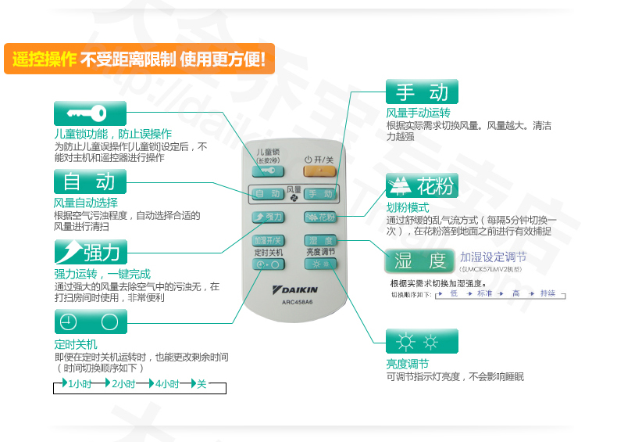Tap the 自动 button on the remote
268,193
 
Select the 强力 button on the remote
268,217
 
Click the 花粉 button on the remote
320,217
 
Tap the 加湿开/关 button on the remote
268,239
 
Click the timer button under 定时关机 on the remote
268,264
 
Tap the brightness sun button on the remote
320,264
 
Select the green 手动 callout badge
422,92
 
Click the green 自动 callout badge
89,182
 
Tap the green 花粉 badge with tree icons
422,186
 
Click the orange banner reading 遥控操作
139,59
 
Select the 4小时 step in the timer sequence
167,384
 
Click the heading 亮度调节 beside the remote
407,364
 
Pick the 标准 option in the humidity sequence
485,293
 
